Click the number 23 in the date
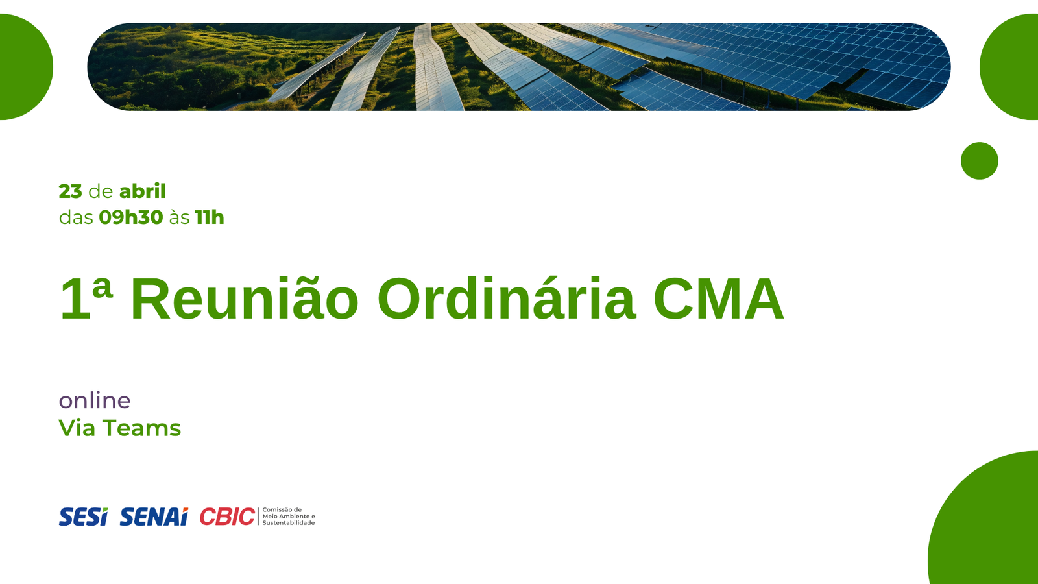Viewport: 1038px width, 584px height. pyautogui.click(x=71, y=191)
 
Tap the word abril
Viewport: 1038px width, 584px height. pyautogui.click(x=142, y=191)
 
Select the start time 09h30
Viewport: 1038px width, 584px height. pyautogui.click(x=131, y=217)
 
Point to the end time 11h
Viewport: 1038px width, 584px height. pyautogui.click(x=210, y=217)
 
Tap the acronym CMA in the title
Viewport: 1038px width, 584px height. pyautogui.click(x=718, y=298)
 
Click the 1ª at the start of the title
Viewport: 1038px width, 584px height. pyautogui.click(x=86, y=298)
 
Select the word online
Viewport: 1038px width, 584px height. pyautogui.click(x=95, y=400)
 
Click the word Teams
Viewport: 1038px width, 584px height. pyautogui.click(x=142, y=428)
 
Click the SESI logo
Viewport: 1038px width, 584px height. pyautogui.click(x=84, y=517)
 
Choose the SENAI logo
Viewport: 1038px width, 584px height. pyautogui.click(x=154, y=517)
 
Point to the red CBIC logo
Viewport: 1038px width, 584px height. pyautogui.click(x=227, y=517)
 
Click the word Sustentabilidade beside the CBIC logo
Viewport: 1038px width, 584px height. pyautogui.click(x=289, y=523)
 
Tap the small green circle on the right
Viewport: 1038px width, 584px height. pyautogui.click(x=979, y=161)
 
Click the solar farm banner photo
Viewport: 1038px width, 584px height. pyautogui.click(x=519, y=67)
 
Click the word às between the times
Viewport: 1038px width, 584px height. pyautogui.click(x=179, y=217)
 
